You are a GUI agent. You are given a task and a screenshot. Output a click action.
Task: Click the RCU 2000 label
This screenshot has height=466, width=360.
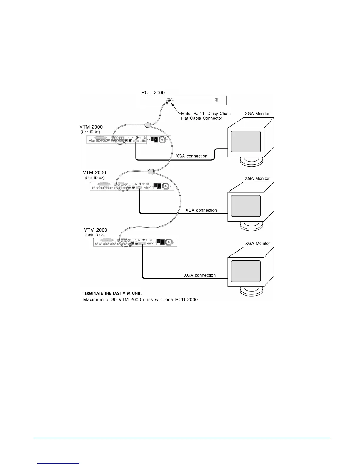(153, 93)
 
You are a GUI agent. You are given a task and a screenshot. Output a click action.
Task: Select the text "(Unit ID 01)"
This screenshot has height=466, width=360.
(90, 132)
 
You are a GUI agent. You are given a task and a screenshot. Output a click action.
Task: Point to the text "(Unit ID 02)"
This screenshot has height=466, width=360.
(94, 178)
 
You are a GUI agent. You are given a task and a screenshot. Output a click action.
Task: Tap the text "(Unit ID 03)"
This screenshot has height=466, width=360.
(95, 235)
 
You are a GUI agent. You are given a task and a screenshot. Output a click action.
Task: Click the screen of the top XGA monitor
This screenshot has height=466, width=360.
(246, 142)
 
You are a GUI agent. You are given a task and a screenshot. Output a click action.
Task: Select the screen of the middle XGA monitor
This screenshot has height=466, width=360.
(246, 206)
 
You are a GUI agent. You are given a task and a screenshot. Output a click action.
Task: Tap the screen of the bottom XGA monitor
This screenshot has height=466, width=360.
(246, 271)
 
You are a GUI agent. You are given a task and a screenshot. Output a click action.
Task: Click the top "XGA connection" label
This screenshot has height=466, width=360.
(191, 156)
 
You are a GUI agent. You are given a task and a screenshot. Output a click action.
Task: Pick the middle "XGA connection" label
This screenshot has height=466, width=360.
(201, 210)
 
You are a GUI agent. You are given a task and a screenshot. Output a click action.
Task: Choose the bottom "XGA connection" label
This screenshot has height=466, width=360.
(200, 275)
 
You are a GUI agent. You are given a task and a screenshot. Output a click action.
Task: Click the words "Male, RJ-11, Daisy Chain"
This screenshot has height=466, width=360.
(206, 114)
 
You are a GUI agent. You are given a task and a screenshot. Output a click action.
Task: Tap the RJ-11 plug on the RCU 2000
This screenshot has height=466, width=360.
(169, 101)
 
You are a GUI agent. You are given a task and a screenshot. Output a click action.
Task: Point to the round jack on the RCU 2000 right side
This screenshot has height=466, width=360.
(217, 101)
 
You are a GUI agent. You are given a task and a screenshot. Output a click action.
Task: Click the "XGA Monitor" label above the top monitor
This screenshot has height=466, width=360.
(257, 114)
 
